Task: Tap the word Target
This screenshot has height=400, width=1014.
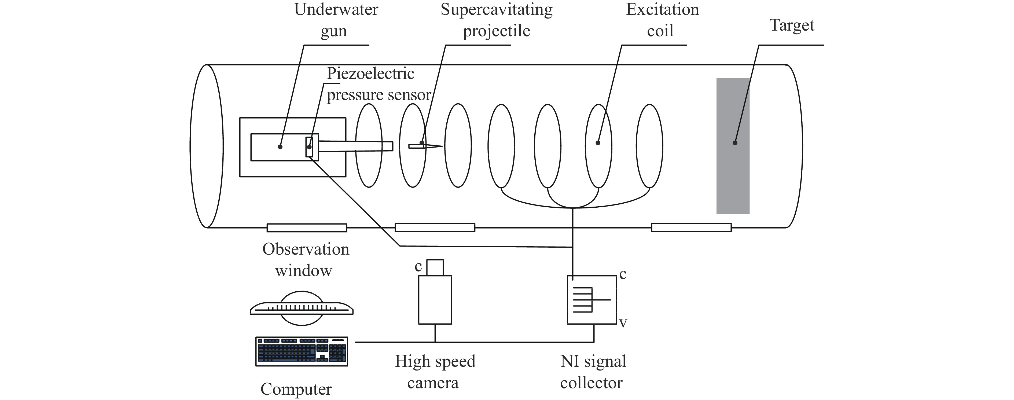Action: click(x=792, y=25)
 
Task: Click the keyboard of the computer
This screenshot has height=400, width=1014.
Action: click(x=302, y=351)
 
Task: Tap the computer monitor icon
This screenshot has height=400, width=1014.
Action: click(x=302, y=308)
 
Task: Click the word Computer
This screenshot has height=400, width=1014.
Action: click(x=296, y=389)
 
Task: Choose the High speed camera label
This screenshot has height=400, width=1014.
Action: click(x=435, y=372)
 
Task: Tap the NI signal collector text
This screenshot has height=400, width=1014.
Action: click(x=593, y=372)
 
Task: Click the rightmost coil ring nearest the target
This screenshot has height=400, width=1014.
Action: click(x=649, y=146)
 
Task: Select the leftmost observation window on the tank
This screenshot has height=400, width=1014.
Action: click(x=307, y=227)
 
